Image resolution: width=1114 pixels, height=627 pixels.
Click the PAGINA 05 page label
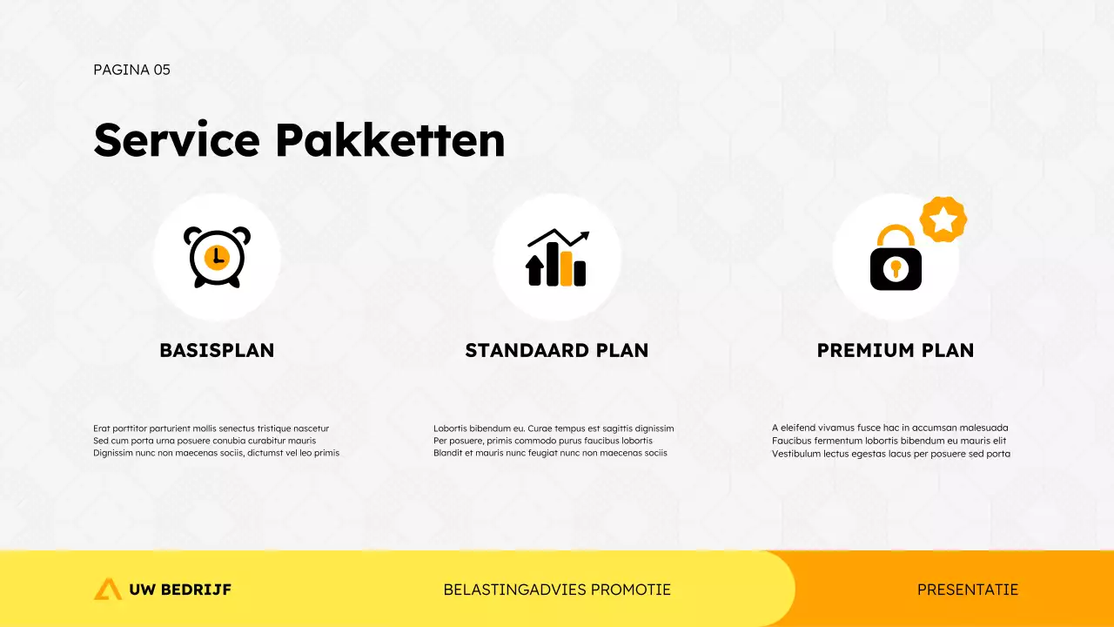tap(131, 70)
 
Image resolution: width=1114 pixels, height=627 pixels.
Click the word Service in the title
tap(177, 139)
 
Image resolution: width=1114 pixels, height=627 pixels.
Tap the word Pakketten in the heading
tap(389, 139)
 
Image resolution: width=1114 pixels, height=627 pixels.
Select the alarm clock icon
tap(217, 257)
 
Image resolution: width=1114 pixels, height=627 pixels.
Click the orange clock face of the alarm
tap(217, 257)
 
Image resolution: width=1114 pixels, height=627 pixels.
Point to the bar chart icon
tap(557, 259)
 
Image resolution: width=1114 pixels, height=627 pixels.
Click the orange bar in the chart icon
tap(566, 268)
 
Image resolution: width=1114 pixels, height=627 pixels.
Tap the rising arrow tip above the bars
tap(584, 235)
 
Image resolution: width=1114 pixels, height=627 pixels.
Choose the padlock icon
tap(896, 259)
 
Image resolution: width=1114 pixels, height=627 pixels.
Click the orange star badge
tap(943, 219)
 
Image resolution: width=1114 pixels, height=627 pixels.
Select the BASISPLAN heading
tap(217, 350)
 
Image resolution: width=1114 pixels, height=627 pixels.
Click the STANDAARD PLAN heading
tap(557, 350)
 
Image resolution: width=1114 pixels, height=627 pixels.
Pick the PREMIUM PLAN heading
tap(896, 350)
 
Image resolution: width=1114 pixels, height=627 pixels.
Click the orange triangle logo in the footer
tap(108, 590)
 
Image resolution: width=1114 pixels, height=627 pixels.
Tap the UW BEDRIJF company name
tap(180, 590)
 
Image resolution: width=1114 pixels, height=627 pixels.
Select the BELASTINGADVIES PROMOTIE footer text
tap(557, 590)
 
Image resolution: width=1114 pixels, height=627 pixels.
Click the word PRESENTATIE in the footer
tap(968, 590)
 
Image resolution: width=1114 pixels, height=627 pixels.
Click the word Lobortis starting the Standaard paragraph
tap(450, 428)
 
